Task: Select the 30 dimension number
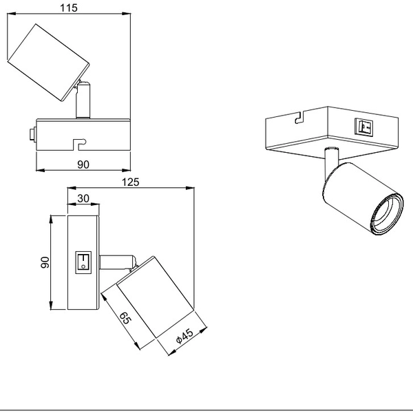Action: [x=83, y=198]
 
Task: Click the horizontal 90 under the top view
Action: [x=83, y=165]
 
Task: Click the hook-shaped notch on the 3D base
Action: [x=298, y=118]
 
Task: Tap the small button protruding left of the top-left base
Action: [x=32, y=135]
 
